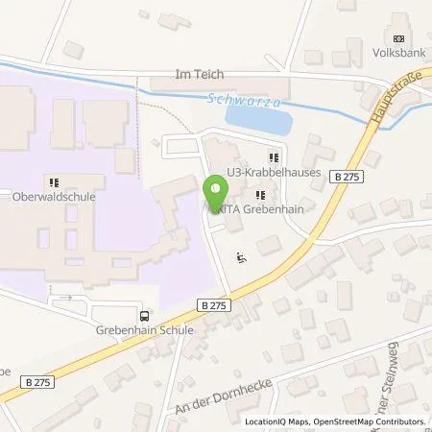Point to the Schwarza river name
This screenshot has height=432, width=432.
[x=229, y=98]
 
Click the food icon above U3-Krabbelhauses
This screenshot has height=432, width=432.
[x=274, y=156]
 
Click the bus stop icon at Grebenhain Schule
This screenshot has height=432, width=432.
[x=144, y=316]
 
